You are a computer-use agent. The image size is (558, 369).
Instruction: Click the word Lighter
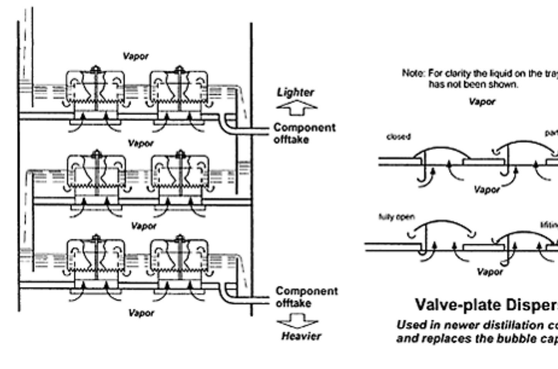(x=295, y=93)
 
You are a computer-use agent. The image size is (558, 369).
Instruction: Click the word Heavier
(x=301, y=336)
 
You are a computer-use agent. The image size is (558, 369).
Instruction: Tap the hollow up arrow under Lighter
(x=297, y=108)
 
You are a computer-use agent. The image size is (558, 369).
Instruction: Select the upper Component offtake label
(x=304, y=134)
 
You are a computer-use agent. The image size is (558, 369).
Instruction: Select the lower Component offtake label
(x=306, y=297)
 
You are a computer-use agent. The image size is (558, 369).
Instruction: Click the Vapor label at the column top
(x=135, y=56)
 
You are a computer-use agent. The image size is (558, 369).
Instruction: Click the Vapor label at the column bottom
(x=141, y=313)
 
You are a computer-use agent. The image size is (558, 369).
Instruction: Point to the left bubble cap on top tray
(x=95, y=90)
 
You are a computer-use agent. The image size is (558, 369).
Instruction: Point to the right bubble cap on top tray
(x=179, y=90)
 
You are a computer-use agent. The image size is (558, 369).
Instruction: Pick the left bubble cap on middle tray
(x=96, y=174)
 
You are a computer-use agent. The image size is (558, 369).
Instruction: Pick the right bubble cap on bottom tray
(x=179, y=259)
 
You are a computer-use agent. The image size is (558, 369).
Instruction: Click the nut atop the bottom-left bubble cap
(x=96, y=238)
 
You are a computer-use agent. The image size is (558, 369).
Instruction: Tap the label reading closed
(x=399, y=137)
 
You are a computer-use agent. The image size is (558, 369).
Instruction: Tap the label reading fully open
(x=396, y=217)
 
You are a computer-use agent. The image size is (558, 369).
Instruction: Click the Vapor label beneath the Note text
(x=482, y=102)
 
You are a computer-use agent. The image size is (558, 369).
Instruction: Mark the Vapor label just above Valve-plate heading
(x=489, y=272)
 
